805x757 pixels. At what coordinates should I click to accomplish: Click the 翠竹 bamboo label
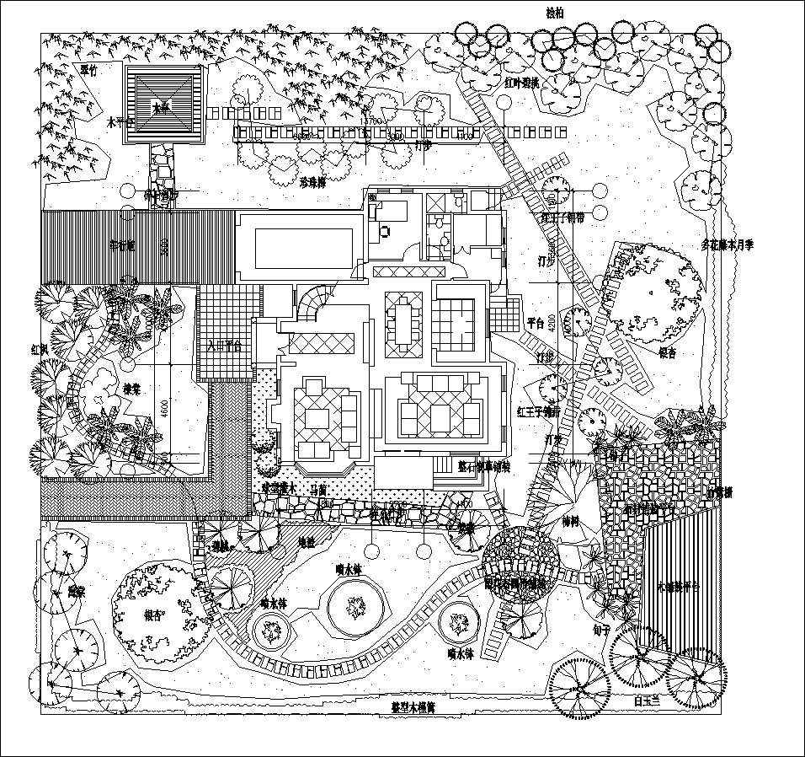tap(89, 70)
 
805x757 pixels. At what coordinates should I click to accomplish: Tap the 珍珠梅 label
tap(313, 181)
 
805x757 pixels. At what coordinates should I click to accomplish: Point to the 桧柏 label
tap(557, 13)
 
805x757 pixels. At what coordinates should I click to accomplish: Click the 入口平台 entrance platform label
tap(224, 345)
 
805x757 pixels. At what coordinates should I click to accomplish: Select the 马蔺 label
tap(318, 489)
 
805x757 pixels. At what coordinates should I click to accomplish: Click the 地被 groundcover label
tap(307, 543)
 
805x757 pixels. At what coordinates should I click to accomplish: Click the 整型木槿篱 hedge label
tap(412, 707)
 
